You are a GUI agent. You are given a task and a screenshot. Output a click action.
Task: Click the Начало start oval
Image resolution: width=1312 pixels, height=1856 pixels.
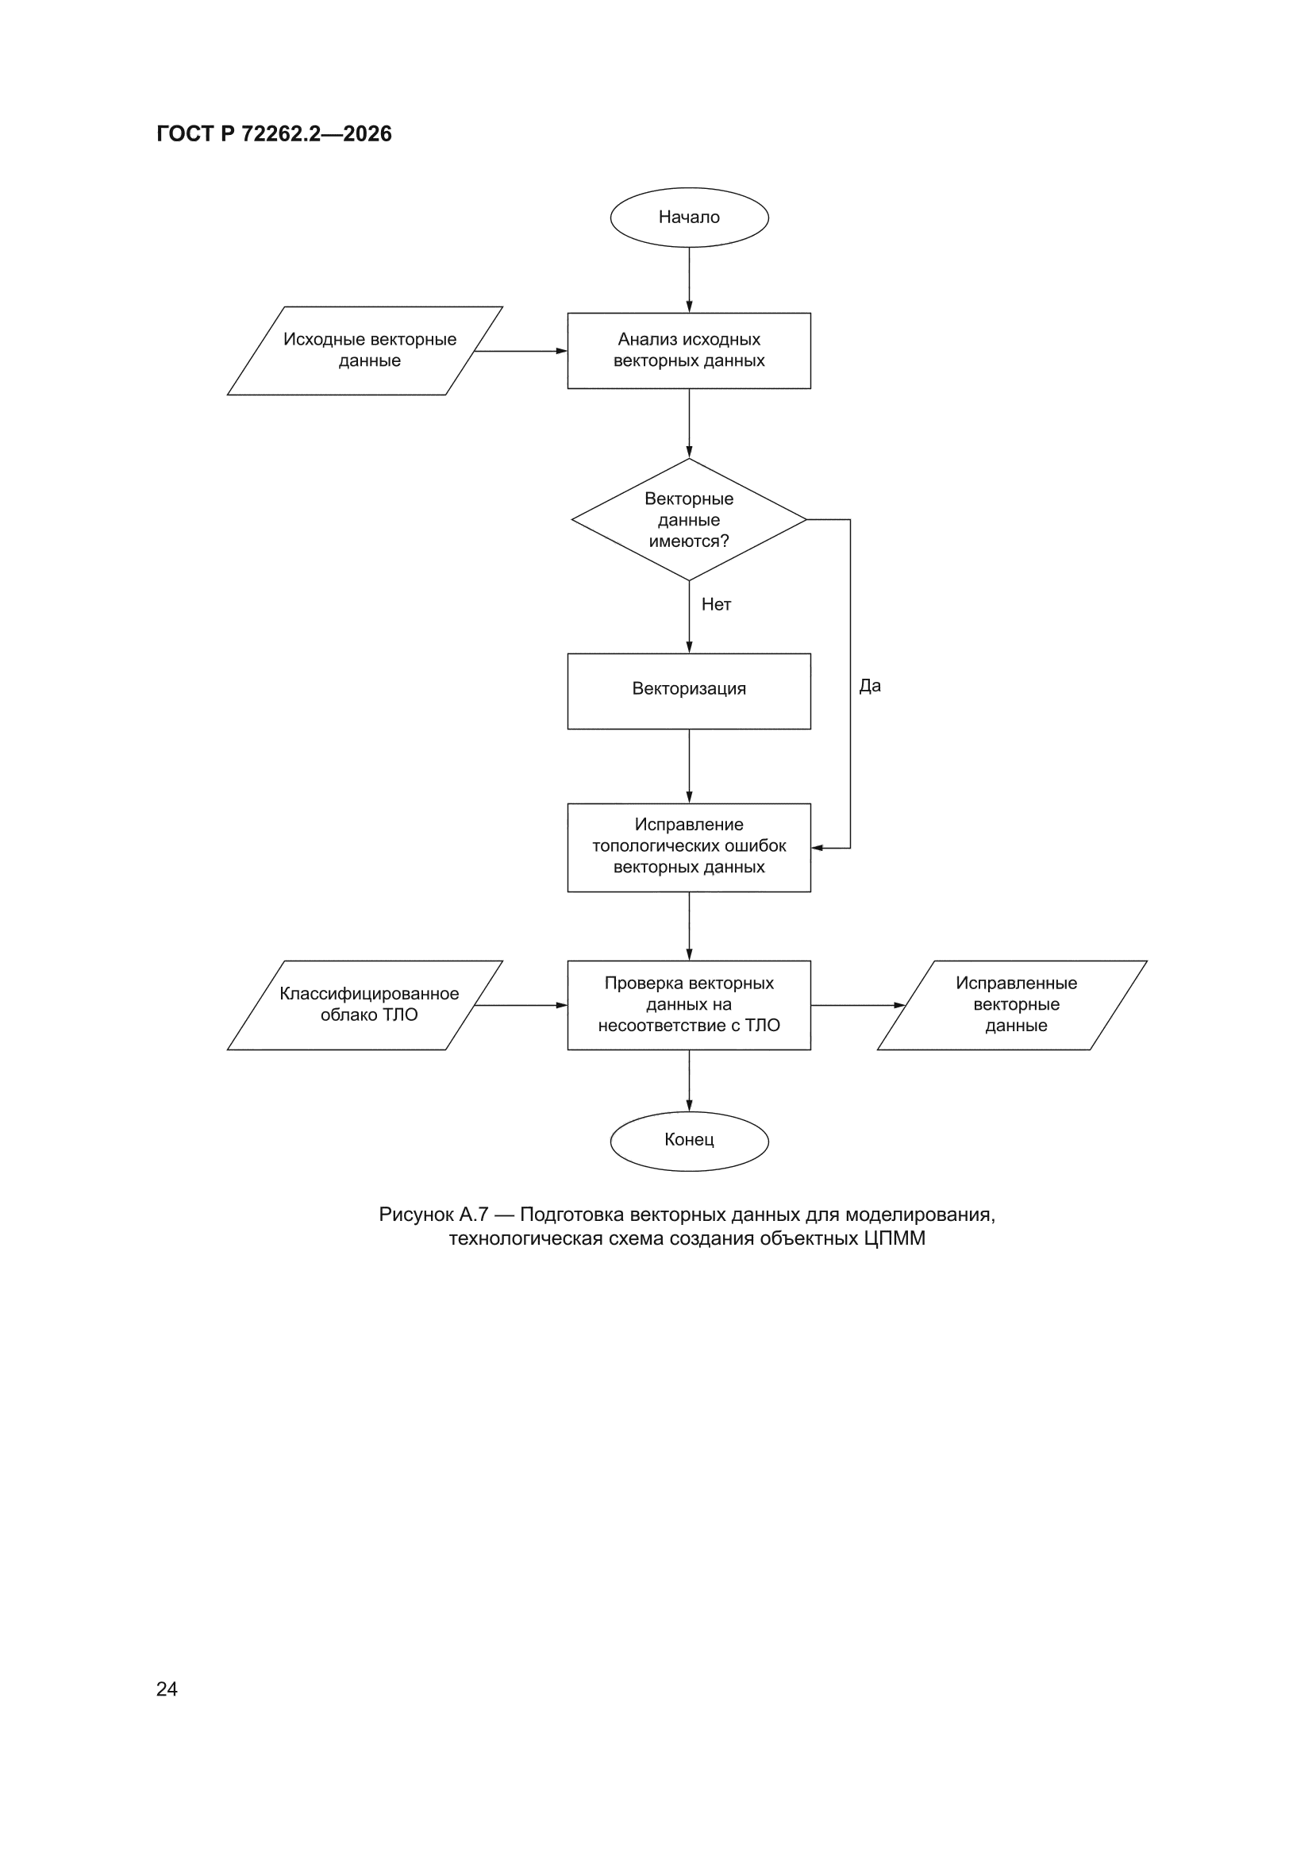coord(689,218)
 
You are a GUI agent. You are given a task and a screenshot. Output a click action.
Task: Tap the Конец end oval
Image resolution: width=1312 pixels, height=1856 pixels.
coord(689,1141)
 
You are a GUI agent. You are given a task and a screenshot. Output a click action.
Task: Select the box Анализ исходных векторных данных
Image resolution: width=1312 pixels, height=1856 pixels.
coord(689,351)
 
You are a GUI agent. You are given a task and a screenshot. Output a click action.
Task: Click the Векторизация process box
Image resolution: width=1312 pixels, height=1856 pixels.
coord(689,691)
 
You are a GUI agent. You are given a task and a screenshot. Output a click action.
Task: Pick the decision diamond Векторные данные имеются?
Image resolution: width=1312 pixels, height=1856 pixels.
coord(689,520)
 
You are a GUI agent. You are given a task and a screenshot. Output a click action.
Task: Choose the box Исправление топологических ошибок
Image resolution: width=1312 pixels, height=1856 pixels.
coord(689,847)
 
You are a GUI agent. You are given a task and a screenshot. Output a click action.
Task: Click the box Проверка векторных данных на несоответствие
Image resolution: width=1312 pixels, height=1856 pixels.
coord(689,1005)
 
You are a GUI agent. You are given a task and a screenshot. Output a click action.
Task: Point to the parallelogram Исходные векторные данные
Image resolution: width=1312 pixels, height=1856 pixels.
coord(365,351)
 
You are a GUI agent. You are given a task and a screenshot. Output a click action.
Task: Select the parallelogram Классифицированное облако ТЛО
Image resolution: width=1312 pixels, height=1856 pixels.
coord(365,1005)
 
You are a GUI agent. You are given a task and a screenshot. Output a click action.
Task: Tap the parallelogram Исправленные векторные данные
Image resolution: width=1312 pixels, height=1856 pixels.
coord(1012,1005)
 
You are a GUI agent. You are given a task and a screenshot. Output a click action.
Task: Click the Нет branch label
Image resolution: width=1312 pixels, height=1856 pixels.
coord(716,605)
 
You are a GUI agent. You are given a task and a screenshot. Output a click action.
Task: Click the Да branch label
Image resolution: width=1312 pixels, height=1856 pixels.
coord(870,687)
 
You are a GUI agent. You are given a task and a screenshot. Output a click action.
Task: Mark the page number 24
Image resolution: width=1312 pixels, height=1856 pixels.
coord(167,1689)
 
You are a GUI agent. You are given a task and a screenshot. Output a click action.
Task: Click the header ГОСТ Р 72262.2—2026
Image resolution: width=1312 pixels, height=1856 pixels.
coord(274,134)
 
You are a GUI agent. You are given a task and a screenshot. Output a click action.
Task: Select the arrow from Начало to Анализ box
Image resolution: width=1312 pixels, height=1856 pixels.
coord(689,279)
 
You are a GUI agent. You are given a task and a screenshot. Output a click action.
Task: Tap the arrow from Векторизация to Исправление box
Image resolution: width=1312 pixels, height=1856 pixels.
coord(689,766)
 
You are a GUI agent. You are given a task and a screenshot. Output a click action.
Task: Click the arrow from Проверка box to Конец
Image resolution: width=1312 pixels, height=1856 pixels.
coord(689,1080)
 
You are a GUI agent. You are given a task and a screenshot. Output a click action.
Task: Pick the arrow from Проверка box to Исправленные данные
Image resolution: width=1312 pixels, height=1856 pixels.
coord(858,1005)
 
